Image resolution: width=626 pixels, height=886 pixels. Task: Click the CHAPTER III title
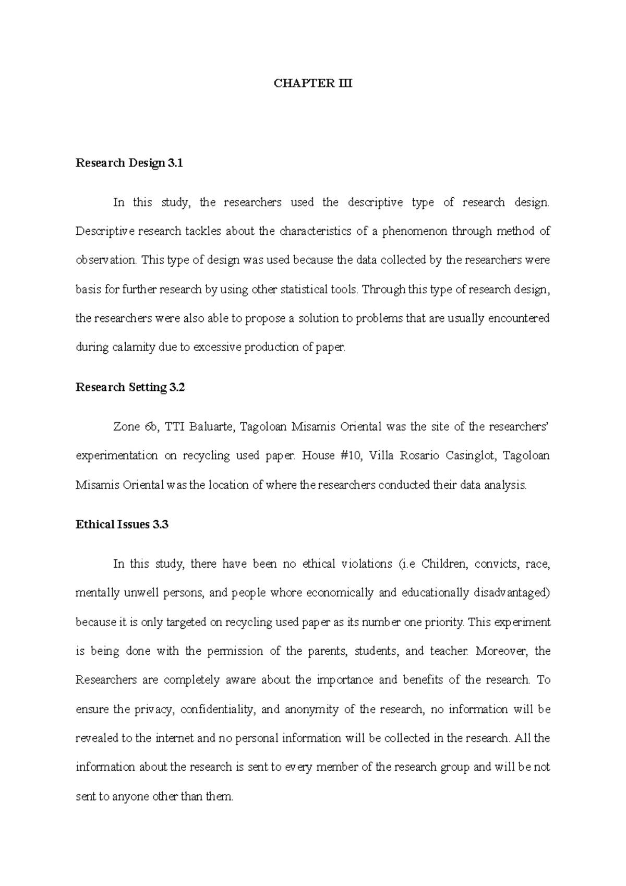[x=313, y=83]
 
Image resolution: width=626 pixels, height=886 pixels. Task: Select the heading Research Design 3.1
[x=129, y=163]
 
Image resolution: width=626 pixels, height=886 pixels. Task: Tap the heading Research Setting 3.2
[x=130, y=387]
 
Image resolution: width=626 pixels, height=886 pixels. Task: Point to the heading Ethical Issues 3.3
[x=122, y=524]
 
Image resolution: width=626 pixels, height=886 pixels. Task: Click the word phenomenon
[x=415, y=231]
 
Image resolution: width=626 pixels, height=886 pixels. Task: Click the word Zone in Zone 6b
[x=126, y=427]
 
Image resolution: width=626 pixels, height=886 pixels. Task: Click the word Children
[x=443, y=564]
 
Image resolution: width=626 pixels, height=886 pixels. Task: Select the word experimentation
[x=116, y=456]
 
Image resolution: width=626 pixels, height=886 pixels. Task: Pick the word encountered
[x=518, y=318]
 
